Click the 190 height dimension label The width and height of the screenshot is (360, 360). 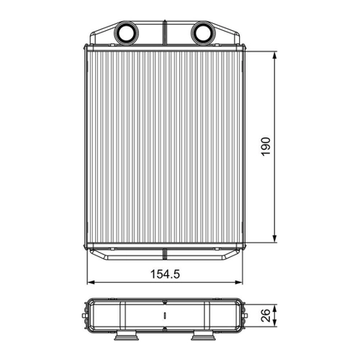tap(266, 147)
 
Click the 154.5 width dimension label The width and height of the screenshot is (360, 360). tap(165, 274)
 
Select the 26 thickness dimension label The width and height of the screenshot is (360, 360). tap(266, 315)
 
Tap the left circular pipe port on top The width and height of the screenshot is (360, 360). tap(127, 33)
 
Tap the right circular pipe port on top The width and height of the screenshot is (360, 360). tap(203, 33)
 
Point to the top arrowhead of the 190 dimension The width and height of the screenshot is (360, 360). tap(275, 55)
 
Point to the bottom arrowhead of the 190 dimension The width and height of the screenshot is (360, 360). tap(275, 238)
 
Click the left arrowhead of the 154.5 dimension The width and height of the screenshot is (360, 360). tap(91, 282)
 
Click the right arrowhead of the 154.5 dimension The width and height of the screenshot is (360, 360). tap(238, 282)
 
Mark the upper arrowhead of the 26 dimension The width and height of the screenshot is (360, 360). tap(275, 308)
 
